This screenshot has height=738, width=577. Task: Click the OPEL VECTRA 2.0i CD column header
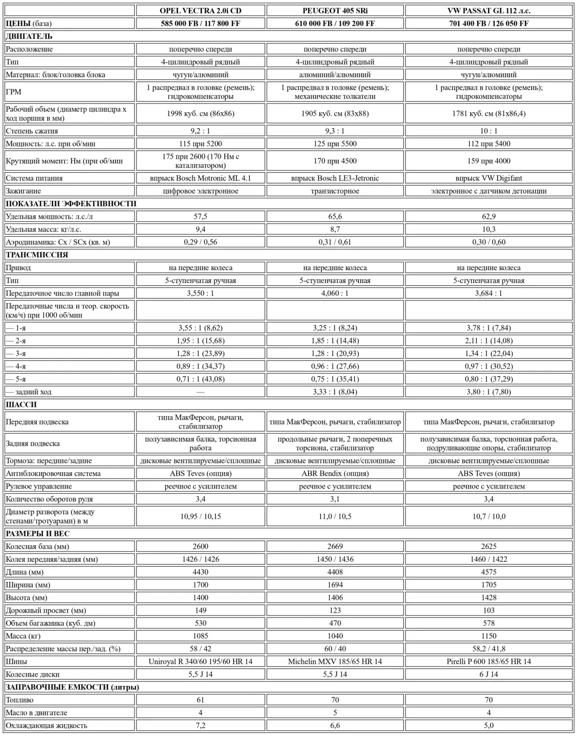tap(200, 11)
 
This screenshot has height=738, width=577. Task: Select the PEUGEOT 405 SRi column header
tap(335, 11)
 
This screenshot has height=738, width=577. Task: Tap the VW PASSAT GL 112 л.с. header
tap(488, 11)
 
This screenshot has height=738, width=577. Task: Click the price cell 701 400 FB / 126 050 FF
tap(488, 24)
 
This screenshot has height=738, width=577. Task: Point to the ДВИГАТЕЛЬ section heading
tap(29, 36)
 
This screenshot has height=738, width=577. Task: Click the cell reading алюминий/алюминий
tap(335, 75)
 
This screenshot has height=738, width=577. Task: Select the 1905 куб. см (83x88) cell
tap(335, 114)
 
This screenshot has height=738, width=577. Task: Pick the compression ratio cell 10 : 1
tap(488, 131)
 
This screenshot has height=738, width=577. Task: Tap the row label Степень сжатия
tap(32, 131)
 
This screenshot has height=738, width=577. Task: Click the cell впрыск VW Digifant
tap(488, 178)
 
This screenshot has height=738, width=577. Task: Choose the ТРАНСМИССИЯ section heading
tap(37, 255)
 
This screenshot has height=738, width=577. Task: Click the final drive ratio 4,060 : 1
tap(335, 293)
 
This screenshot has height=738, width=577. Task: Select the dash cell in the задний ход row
tap(200, 392)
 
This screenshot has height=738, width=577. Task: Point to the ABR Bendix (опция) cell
tap(335, 474)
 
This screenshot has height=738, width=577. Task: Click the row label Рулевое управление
tap(39, 487)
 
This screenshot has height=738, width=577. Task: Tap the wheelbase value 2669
tap(335, 547)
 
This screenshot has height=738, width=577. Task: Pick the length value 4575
tap(488, 572)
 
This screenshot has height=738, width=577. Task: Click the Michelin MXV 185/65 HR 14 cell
tap(335, 661)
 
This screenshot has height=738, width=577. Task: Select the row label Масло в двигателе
tap(37, 713)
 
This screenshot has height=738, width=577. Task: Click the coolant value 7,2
tap(200, 726)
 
